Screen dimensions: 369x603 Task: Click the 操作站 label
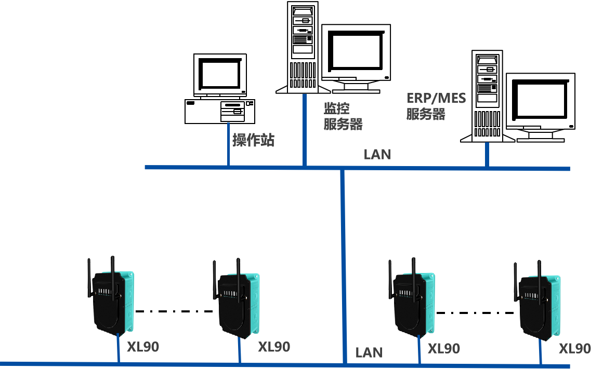[253, 140]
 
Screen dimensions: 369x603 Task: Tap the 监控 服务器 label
[343, 116]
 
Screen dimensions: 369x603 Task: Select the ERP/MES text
[436, 98]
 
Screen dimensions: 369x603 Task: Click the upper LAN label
[377, 154]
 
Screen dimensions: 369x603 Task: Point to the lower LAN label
[369, 353]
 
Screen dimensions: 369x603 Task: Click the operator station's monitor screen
[220, 73]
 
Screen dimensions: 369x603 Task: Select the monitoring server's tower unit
[303, 47]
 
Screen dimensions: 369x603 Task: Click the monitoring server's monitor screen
[356, 51]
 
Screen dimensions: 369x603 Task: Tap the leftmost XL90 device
[112, 301]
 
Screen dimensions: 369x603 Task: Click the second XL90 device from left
[238, 305]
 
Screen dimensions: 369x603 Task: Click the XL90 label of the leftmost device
[143, 347]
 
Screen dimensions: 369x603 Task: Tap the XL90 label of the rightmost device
[575, 348]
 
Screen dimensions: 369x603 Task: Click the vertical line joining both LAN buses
[343, 259]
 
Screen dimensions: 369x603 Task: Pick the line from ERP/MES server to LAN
[487, 154]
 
